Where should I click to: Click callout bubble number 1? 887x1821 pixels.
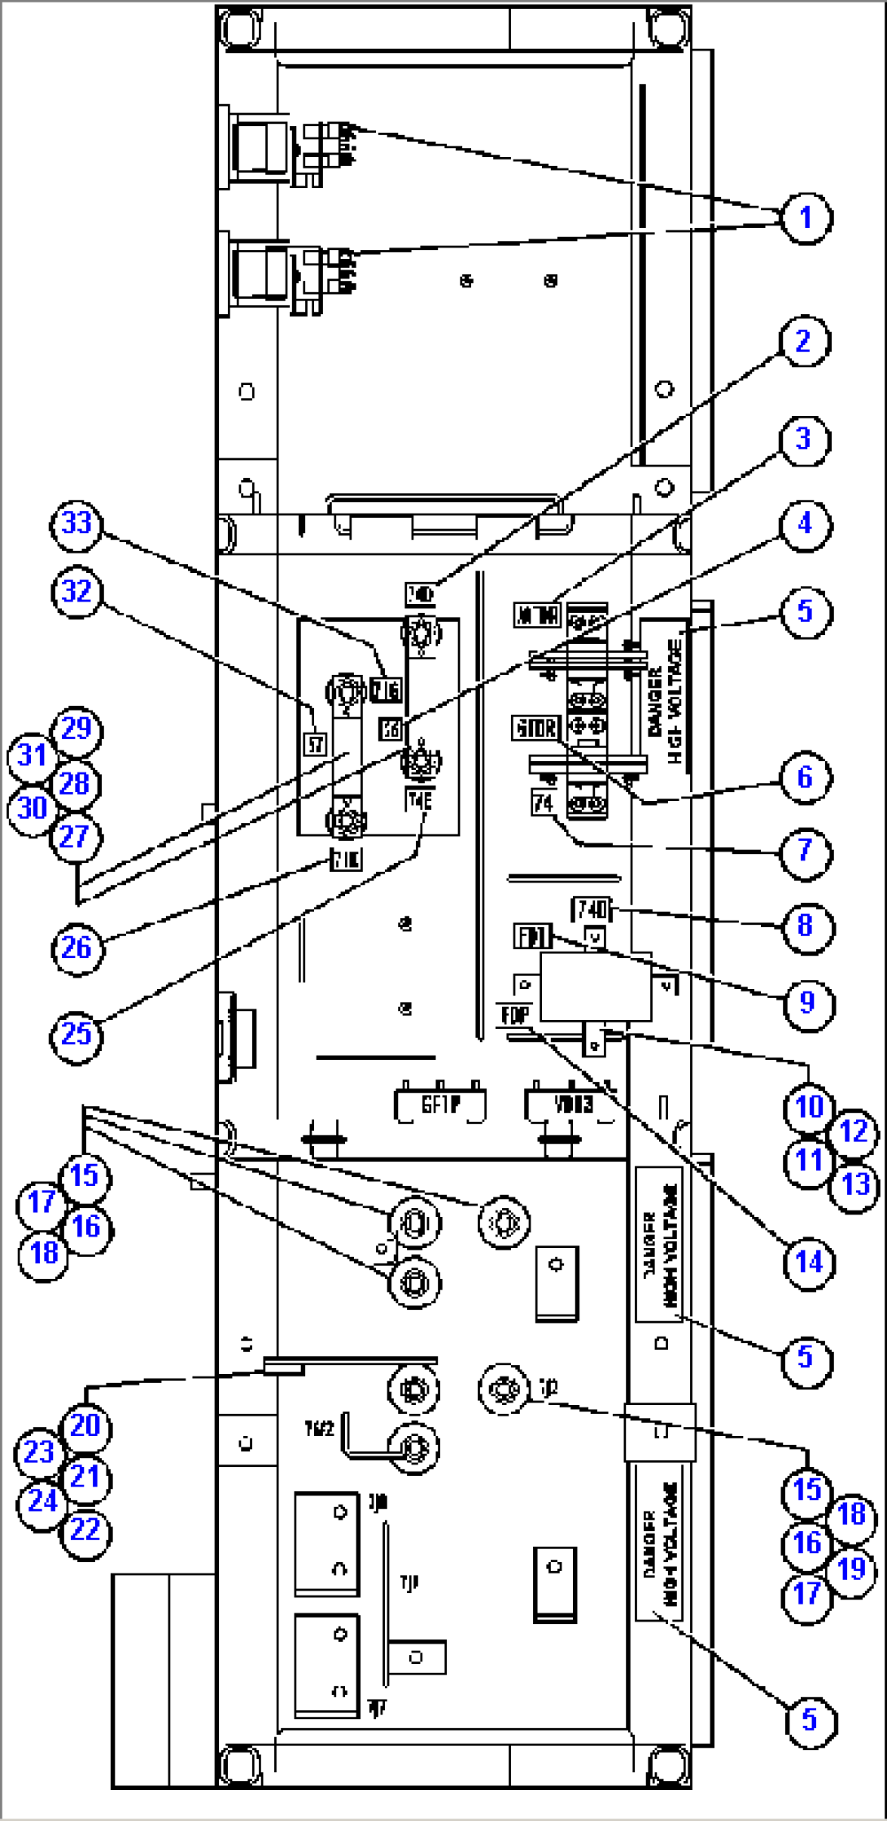806,217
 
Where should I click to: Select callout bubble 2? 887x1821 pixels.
804,341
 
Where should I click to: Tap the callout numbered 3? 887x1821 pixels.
804,440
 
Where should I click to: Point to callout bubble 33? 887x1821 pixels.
76,523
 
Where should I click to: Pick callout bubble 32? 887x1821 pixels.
76,591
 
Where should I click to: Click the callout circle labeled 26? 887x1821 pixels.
76,947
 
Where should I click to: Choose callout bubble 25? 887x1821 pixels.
76,1034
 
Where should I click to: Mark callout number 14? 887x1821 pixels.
809,1263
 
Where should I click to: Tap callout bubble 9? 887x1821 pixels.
807,1002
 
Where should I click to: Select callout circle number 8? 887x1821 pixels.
806,926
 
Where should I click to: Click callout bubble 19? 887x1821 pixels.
851,1569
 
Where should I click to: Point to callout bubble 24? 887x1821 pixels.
42,1500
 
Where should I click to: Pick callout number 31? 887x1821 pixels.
33,755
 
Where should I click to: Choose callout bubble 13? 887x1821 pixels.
854,1184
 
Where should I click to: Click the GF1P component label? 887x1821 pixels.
440,1105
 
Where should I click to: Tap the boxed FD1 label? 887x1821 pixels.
532,936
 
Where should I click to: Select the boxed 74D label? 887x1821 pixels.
592,909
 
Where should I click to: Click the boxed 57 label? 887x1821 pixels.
315,744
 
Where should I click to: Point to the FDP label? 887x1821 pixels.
514,1015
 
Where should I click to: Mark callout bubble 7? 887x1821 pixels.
806,851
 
